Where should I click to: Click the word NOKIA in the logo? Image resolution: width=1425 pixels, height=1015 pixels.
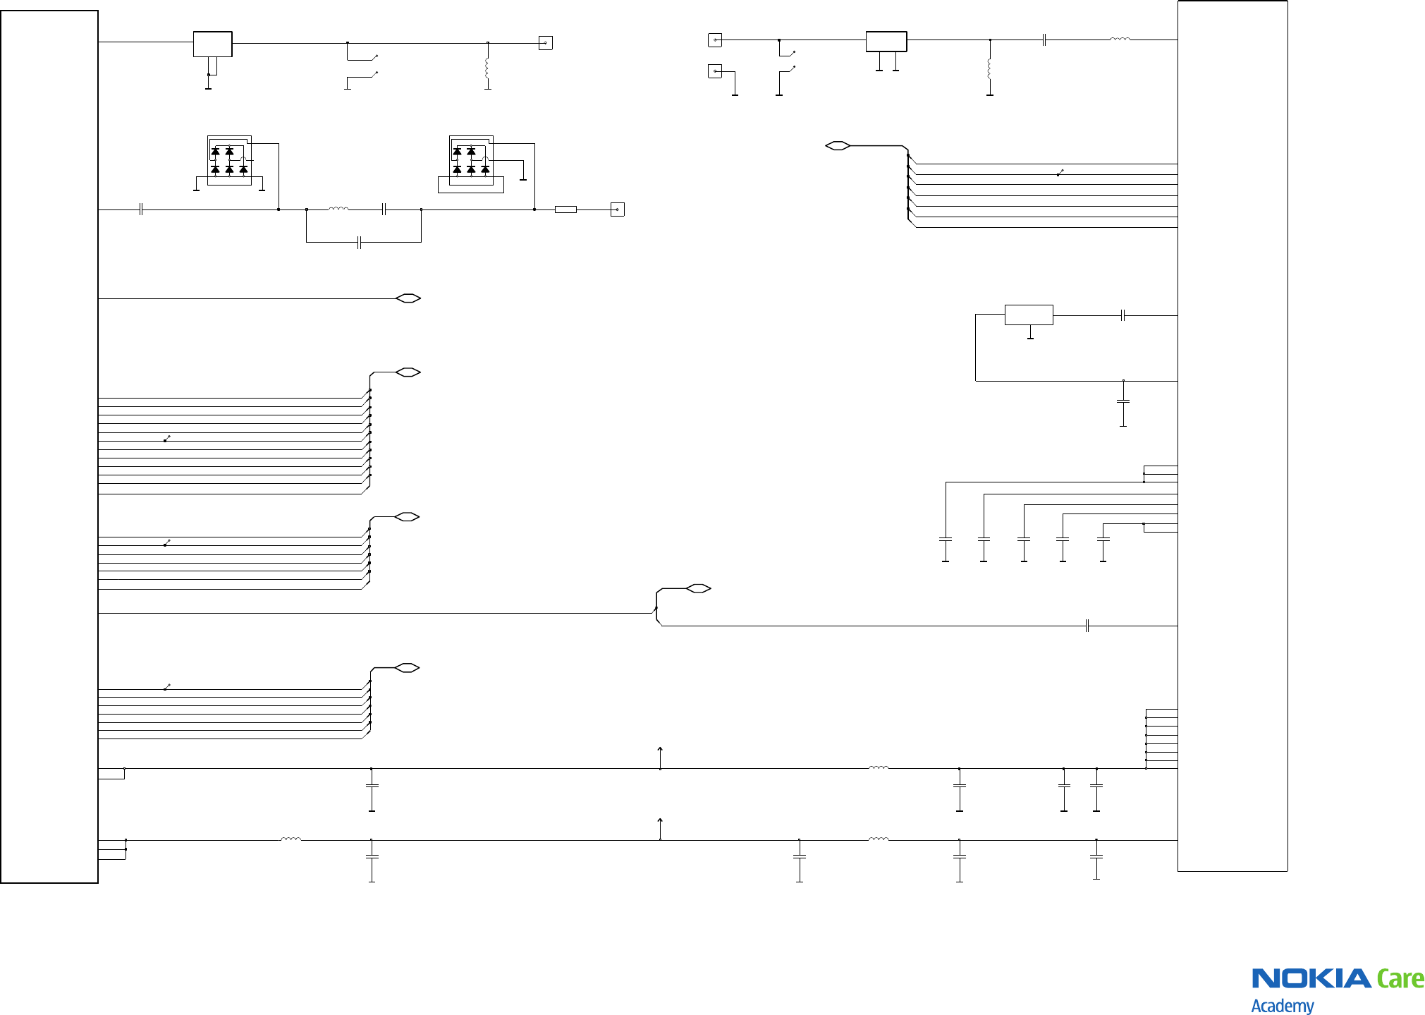[1311, 978]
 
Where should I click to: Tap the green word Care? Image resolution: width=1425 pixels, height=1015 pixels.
[1400, 979]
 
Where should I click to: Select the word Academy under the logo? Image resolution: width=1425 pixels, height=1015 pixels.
[1282, 1005]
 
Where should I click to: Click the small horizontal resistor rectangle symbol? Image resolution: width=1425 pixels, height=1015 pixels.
[565, 209]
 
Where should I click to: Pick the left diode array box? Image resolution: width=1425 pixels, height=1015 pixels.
[229, 161]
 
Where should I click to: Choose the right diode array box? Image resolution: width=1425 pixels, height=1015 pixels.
[471, 161]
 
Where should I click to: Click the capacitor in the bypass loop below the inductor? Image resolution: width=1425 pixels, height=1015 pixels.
[360, 243]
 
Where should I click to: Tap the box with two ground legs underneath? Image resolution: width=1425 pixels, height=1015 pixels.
[886, 42]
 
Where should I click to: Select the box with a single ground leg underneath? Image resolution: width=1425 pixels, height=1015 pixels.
[1029, 315]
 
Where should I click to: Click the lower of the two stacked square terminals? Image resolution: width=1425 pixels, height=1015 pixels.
[715, 71]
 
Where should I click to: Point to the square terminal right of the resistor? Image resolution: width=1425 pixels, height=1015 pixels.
[617, 209]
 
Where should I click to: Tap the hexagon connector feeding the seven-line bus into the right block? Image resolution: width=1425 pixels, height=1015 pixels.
[838, 146]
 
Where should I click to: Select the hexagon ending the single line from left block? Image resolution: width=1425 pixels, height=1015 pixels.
[408, 298]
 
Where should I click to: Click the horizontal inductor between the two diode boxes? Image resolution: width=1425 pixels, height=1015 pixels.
[338, 209]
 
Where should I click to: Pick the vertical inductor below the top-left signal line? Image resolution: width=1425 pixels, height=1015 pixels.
[487, 68]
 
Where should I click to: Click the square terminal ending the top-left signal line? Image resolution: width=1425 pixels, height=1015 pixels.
[545, 43]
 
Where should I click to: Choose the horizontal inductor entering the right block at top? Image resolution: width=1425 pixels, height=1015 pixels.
[1120, 39]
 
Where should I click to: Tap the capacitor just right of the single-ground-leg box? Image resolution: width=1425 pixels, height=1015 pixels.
[1123, 315]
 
